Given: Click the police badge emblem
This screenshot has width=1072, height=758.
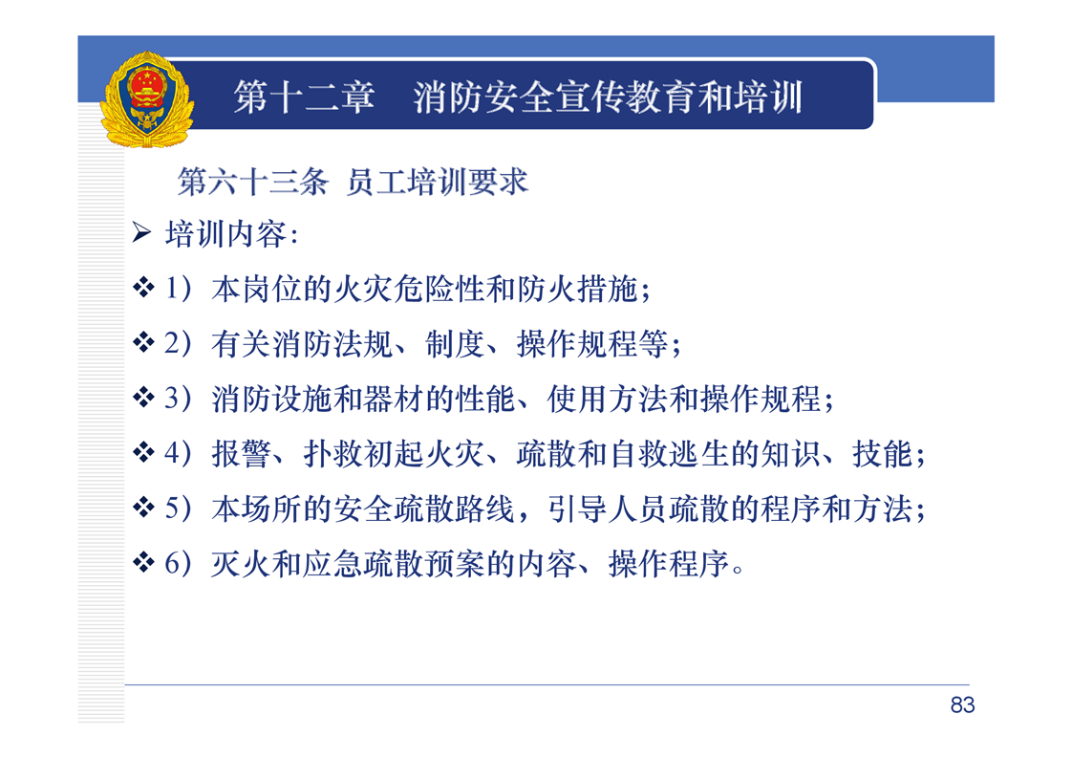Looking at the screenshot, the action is point(147,99).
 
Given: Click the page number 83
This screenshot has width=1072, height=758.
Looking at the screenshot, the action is point(962,705).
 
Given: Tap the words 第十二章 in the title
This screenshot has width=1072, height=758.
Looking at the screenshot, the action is point(304,97).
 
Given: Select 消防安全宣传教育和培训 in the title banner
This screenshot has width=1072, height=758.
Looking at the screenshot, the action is point(608,97).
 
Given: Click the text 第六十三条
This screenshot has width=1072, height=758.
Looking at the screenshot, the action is point(253,182).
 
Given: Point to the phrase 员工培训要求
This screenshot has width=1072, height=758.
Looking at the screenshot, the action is point(438,182).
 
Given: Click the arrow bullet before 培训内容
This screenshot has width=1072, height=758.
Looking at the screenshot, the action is point(141,232).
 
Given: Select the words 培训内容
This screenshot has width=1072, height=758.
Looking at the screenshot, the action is point(225,234).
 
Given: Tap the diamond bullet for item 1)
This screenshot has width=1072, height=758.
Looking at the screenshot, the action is point(143,287).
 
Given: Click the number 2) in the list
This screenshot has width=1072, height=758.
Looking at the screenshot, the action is point(178,343).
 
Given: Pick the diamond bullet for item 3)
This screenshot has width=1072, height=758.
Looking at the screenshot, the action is point(143,397).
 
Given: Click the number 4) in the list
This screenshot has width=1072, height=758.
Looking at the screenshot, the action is point(178,454).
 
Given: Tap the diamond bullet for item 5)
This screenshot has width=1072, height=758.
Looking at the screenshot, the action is point(143,507).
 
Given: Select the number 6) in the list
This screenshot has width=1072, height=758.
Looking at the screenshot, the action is point(178,564).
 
